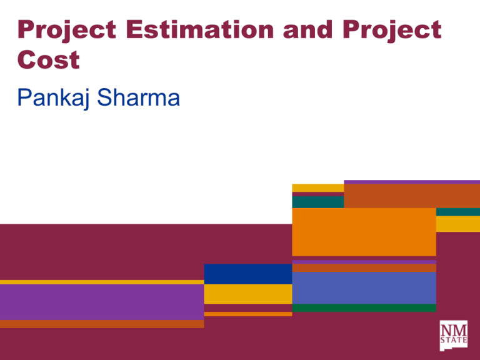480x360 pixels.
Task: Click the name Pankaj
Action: point(54,99)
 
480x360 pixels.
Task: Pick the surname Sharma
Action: point(135,99)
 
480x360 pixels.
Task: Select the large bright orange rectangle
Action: point(364,232)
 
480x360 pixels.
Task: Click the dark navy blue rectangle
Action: point(247,274)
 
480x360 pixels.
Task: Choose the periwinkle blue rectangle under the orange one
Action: point(364,287)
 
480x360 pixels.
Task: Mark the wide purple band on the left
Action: point(102,302)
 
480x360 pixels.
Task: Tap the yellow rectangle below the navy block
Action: point(247,294)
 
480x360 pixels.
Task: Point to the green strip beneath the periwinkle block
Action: point(364,307)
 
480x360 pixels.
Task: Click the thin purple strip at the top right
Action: point(411,182)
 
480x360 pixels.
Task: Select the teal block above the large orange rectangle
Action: point(317,202)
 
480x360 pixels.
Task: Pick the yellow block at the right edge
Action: point(457,224)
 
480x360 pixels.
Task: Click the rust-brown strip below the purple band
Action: point(102,324)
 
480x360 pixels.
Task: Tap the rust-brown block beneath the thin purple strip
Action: point(411,196)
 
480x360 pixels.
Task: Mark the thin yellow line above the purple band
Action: point(102,282)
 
